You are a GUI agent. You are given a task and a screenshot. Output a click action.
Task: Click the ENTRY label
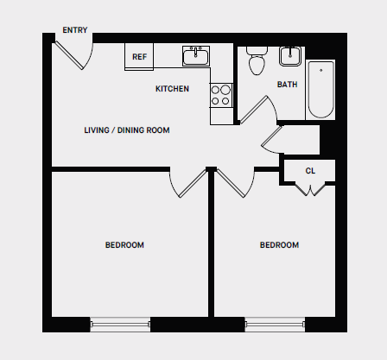75,30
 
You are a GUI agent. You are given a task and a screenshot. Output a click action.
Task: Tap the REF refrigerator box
139,57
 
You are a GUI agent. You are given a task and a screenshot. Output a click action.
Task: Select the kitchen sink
197,56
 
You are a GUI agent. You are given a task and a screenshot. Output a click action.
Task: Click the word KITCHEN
172,89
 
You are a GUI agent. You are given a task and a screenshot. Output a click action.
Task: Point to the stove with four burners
221,94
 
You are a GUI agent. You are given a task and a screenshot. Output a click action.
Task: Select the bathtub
320,89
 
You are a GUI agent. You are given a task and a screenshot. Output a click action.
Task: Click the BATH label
288,85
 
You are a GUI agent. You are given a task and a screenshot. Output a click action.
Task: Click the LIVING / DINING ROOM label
126,130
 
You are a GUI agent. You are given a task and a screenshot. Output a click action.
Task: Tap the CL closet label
310,170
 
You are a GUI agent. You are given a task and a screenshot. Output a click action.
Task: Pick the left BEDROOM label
124,245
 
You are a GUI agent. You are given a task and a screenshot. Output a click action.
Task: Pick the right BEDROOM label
279,245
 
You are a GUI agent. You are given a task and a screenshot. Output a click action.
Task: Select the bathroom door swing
257,110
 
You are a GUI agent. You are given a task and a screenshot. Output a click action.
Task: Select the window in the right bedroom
275,325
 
